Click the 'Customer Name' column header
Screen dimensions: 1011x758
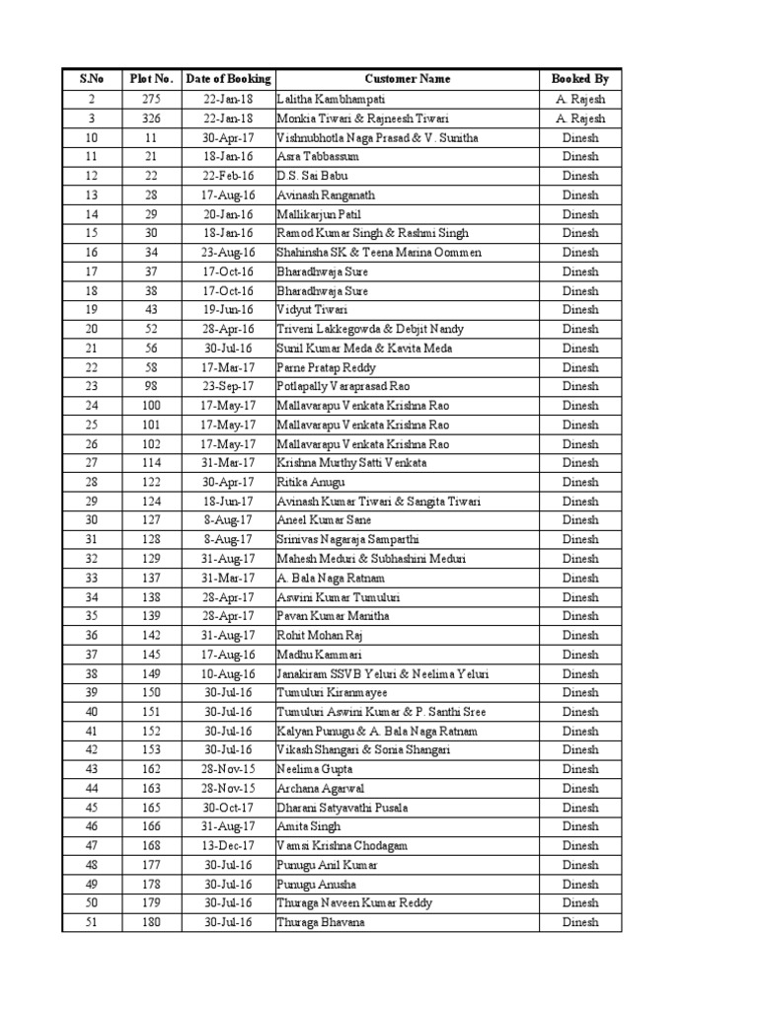(407, 78)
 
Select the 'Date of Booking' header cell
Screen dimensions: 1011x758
(228, 78)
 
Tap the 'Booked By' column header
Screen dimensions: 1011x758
(580, 78)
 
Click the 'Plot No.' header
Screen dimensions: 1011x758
(151, 78)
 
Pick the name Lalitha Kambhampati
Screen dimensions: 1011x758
(331, 99)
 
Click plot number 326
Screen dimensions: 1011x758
(151, 118)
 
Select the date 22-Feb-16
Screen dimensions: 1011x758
(228, 176)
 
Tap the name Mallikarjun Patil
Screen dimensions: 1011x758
(321, 214)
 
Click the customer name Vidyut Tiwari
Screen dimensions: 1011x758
(312, 310)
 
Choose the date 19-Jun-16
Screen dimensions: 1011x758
(228, 310)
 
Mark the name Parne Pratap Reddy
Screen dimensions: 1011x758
(321, 367)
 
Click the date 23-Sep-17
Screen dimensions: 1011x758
(228, 386)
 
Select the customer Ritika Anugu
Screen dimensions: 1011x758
(311, 482)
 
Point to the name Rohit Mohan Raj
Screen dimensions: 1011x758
(320, 636)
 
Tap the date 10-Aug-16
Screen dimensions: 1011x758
(228, 674)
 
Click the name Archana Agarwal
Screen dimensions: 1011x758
(319, 789)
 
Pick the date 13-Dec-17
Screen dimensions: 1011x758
(228, 846)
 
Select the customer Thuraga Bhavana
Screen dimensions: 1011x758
(321, 922)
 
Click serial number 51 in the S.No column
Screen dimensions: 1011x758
(92, 922)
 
